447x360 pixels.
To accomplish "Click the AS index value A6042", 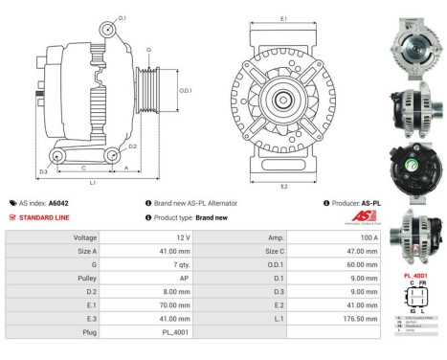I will tap(58, 203).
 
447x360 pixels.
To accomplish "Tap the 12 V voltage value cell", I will tap(181, 236).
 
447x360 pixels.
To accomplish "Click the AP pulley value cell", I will tap(181, 276).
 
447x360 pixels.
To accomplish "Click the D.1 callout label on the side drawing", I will tap(123, 17).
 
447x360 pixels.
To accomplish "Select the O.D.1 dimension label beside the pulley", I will tap(186, 91).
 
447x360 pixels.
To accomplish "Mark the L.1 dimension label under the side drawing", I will tap(92, 181).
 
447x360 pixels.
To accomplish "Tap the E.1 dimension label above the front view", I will tap(283, 18).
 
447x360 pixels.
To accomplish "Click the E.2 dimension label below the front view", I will tap(283, 185).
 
